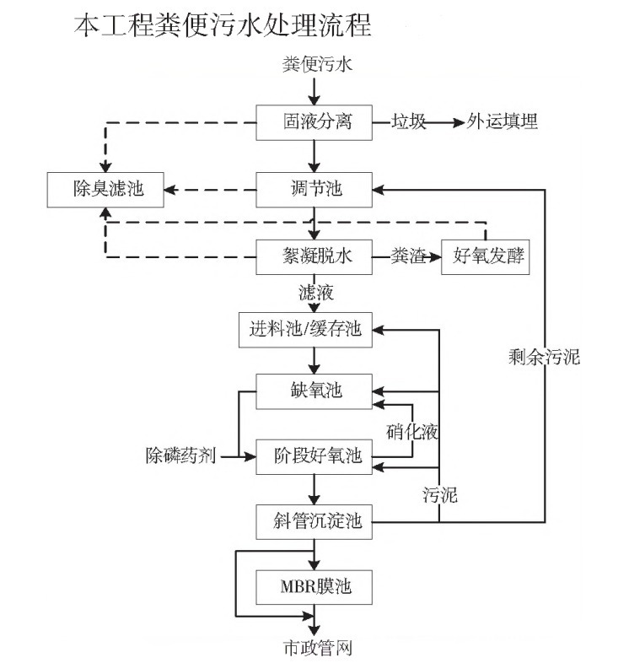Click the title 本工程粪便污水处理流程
(223, 24)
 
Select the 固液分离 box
(314, 121)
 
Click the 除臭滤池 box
(105, 188)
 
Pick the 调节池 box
(314, 188)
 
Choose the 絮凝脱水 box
(314, 257)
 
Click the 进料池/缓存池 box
(304, 329)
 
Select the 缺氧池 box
(314, 391)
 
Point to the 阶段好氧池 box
(314, 456)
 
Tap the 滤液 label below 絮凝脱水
(315, 294)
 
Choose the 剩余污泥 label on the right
(545, 356)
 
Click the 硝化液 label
(412, 431)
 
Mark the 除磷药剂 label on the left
(181, 456)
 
